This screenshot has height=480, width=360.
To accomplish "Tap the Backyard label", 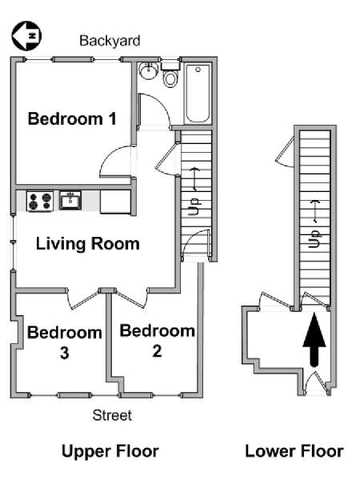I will tap(110, 40).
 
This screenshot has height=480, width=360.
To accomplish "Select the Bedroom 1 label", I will tap(72, 119).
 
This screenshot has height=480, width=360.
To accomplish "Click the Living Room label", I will tap(88, 243).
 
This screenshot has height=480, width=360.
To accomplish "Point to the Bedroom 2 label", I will tap(157, 339).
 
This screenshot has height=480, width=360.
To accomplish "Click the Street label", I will tap(112, 415).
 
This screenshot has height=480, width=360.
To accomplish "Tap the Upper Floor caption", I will tap(110, 451).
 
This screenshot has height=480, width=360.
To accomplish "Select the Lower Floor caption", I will tap(294, 451).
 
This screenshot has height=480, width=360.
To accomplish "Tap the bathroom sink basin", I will tap(147, 73).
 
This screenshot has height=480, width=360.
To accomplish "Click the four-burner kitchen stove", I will tap(40, 200).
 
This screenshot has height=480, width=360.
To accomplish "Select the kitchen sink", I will tap(71, 200).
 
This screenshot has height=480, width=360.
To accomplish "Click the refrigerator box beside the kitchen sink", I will tap(116, 201).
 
